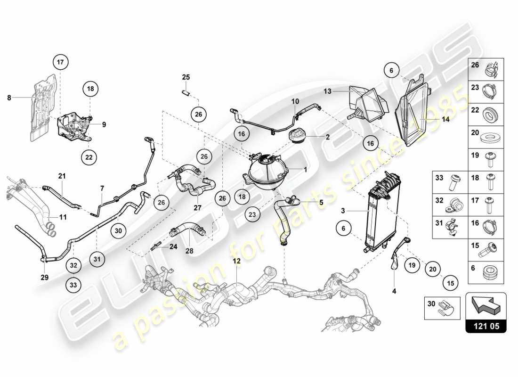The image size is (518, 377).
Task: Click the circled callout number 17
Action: [60, 62]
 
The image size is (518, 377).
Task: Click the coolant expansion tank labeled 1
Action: [267, 172]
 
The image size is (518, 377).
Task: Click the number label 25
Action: [186, 77]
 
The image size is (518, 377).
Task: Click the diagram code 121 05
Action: [486, 325]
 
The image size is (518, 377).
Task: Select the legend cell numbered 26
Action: [486, 69]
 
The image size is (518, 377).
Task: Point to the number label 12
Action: [236, 261]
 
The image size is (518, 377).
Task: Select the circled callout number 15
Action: [450, 283]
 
